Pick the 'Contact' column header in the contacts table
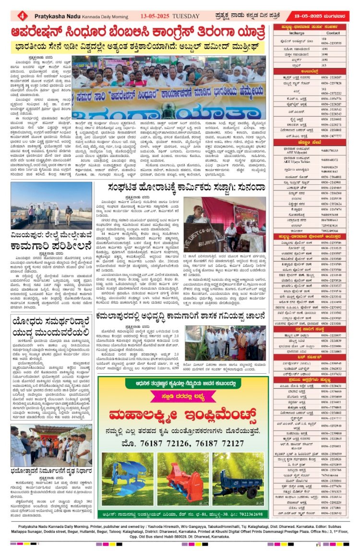point(333,33)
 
